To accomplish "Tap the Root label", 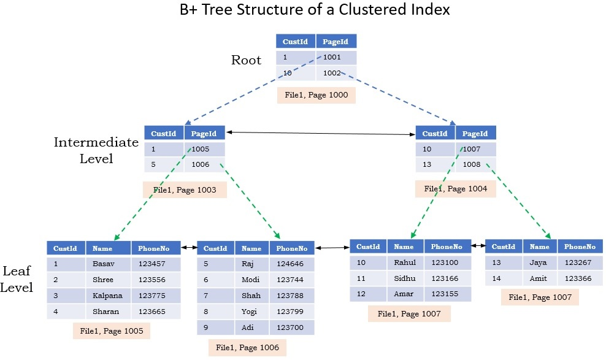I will pyautogui.click(x=246, y=60).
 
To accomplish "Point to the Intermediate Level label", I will pyautogui.click(x=96, y=150).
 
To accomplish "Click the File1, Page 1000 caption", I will pyautogui.click(x=316, y=96).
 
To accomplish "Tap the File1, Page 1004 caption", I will pyautogui.click(x=456, y=189).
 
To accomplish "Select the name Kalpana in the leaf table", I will pyautogui.click(x=107, y=296).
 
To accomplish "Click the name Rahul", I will pyautogui.click(x=405, y=262).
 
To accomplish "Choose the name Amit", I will pyautogui.click(x=538, y=278).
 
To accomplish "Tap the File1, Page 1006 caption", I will pyautogui.click(x=247, y=348).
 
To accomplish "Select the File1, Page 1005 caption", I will pyautogui.click(x=111, y=331).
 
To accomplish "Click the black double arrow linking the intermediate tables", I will pyautogui.click(x=320, y=133).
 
